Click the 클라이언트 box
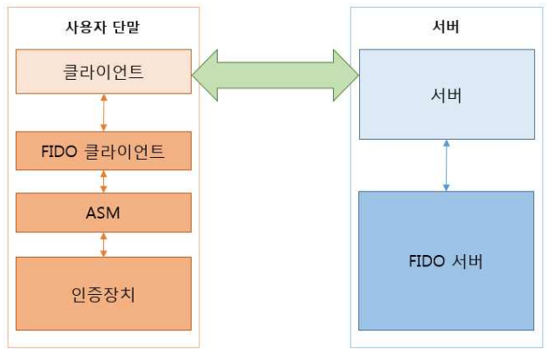pyautogui.click(x=103, y=71)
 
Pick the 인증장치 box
pyautogui.click(x=103, y=293)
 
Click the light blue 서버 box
pyautogui.click(x=446, y=94)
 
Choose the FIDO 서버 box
pyautogui.click(x=446, y=260)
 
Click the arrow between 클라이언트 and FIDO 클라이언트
pyautogui.click(x=104, y=113)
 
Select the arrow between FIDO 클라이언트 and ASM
pyautogui.click(x=104, y=181)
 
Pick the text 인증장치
pyautogui.click(x=103, y=293)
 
